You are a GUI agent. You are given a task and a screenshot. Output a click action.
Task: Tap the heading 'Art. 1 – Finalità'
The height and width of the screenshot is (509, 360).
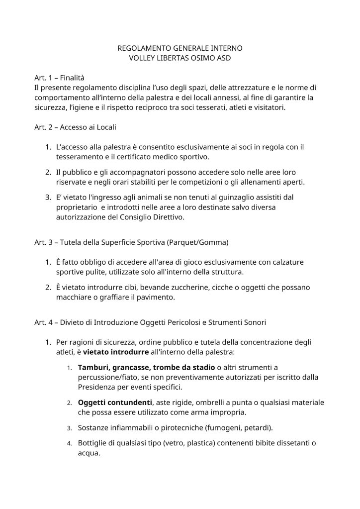[60, 78]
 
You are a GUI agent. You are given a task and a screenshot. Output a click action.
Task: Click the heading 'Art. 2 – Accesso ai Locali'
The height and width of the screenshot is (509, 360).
[75, 127]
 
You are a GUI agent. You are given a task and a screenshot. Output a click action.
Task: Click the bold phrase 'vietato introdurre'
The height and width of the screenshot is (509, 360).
[116, 352]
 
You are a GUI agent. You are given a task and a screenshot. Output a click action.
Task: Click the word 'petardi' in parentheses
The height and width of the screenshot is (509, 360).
[258, 427]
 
